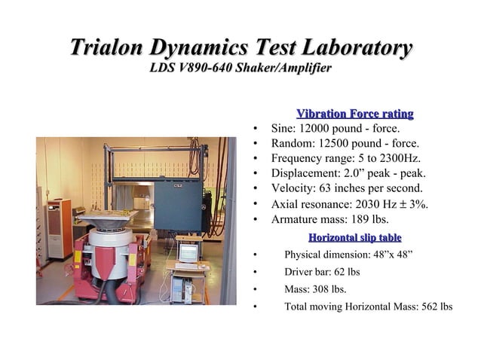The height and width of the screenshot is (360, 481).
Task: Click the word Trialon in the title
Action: coord(106,49)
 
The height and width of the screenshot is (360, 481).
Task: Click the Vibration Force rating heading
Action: coord(355,114)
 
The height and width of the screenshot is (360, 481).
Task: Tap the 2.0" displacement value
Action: coord(350,173)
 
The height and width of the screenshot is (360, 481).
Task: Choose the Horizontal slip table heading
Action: coord(354,238)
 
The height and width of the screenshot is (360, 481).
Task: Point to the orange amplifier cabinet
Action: coord(58,227)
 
